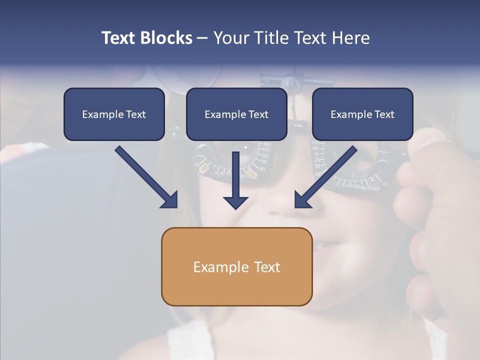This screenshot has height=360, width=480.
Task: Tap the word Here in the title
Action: pyautogui.click(x=351, y=38)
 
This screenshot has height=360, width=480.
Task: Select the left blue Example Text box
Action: pyautogui.click(x=114, y=114)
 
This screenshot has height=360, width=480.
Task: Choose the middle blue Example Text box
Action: pyautogui.click(x=236, y=114)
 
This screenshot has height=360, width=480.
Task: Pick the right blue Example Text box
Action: pyautogui.click(x=362, y=114)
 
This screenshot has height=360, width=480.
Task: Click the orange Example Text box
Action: pyautogui.click(x=236, y=266)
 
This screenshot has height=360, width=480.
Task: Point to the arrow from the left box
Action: pyautogui.click(x=145, y=176)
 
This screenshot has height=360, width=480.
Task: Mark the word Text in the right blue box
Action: pyautogui.click(x=384, y=114)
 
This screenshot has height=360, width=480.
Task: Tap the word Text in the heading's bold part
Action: pyautogui.click(x=118, y=38)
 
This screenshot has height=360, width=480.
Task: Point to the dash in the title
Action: pyautogui.click(x=202, y=38)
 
